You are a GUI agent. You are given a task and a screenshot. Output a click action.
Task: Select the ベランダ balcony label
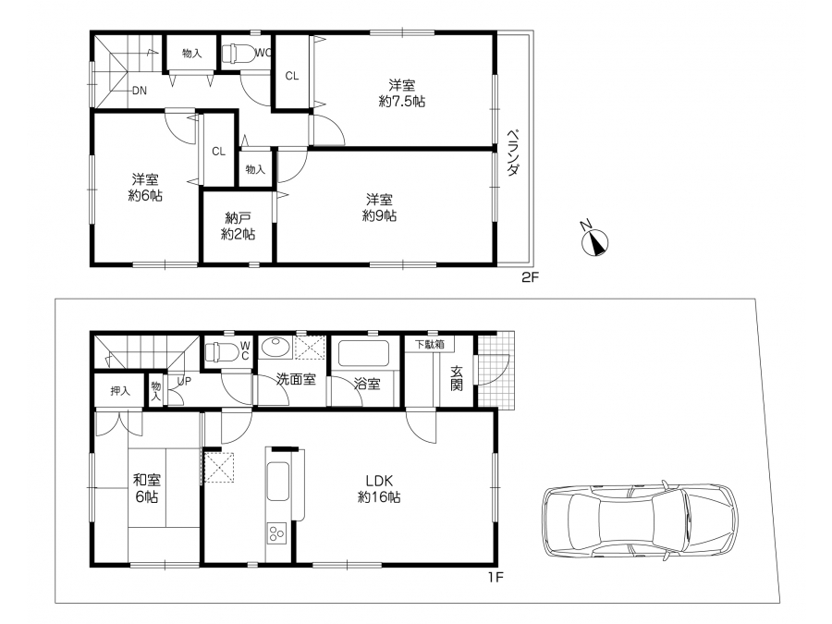pyautogui.click(x=512, y=153)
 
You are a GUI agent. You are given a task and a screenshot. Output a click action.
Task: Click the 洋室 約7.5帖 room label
pyautogui.click(x=402, y=92)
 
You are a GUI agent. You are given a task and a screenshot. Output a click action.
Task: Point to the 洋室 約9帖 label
pyautogui.click(x=379, y=207)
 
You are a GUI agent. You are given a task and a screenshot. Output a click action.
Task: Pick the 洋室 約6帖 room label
pyautogui.click(x=145, y=188)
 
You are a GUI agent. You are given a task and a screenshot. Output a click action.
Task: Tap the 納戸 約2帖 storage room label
pyautogui.click(x=238, y=226)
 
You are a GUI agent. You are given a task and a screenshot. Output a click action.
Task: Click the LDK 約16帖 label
pyautogui.click(x=379, y=489)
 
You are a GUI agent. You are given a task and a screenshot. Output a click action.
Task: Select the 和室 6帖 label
pyautogui.click(x=146, y=488)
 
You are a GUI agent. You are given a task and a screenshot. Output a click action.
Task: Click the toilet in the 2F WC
pyautogui.click(x=238, y=54)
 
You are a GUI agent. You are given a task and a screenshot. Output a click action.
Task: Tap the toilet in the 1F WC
pyautogui.click(x=221, y=351)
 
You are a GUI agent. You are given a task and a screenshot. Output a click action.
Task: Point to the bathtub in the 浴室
pyautogui.click(x=363, y=353)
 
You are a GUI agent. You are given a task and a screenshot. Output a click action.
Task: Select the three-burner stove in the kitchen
pyautogui.click(x=276, y=532)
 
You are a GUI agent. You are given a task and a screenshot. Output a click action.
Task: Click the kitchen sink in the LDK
pyautogui.click(x=278, y=482)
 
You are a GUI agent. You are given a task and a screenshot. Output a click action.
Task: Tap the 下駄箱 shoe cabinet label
pyautogui.click(x=429, y=345)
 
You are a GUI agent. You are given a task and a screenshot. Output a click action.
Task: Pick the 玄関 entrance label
pyautogui.click(x=457, y=378)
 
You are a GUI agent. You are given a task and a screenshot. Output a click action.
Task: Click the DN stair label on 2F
pyautogui.click(x=140, y=91)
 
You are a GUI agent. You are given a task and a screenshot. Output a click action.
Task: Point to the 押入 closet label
pyautogui.click(x=120, y=391)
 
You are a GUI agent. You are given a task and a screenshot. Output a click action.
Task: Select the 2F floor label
pyautogui.click(x=530, y=277)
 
